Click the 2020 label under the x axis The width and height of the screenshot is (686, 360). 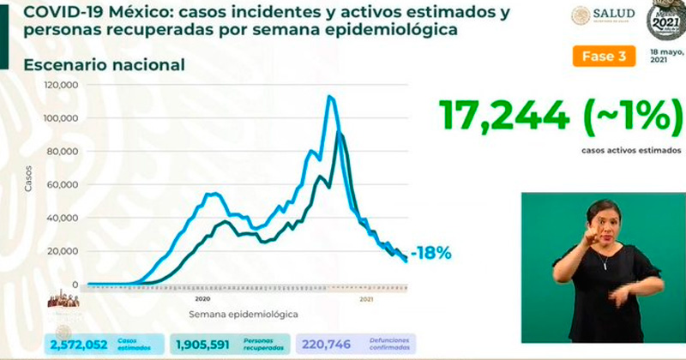click(x=203, y=299)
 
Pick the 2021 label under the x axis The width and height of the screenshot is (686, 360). click(x=366, y=299)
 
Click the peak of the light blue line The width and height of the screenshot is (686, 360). click(x=330, y=96)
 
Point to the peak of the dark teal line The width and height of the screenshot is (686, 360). click(x=340, y=134)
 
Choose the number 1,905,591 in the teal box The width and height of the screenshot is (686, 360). click(x=205, y=345)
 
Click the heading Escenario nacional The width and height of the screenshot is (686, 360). click(x=104, y=66)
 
